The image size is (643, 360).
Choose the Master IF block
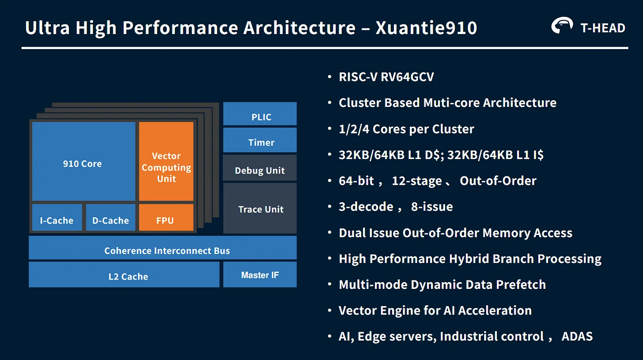click(260, 275)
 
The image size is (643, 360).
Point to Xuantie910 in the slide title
click(426, 28)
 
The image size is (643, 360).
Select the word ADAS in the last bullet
click(577, 337)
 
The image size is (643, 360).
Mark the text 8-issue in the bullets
click(432, 207)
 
